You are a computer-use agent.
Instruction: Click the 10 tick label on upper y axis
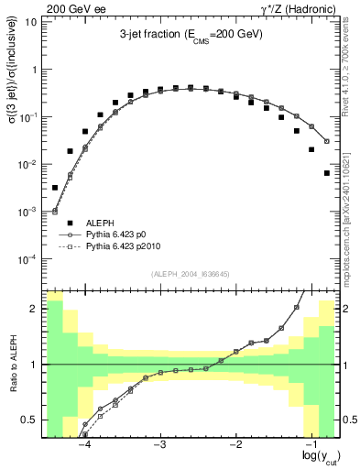(x=32, y=22)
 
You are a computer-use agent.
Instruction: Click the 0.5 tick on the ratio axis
(x=30, y=420)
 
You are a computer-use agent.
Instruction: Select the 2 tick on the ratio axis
(x=35, y=309)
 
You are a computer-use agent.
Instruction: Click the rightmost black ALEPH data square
(x=327, y=172)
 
